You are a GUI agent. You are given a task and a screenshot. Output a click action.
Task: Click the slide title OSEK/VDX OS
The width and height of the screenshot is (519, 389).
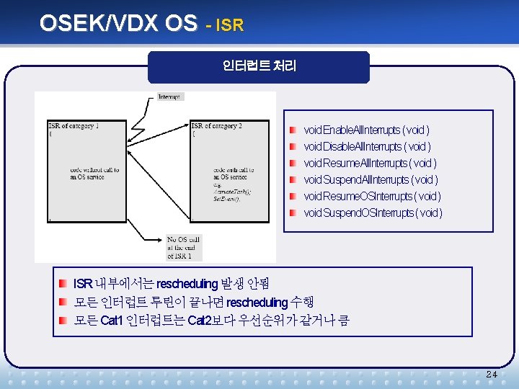[x=117, y=24]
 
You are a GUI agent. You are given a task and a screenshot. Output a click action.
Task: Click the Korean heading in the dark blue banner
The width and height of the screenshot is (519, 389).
[x=259, y=66]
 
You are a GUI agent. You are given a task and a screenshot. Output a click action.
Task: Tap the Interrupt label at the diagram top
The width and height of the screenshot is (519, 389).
[x=169, y=97]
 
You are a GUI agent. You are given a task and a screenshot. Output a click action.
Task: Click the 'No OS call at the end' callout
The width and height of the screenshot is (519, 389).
[x=185, y=247]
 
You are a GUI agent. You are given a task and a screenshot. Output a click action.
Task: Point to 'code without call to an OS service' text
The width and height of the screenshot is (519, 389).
[x=94, y=174]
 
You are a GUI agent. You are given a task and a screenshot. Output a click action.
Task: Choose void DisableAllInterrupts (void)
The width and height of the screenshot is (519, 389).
[x=367, y=147]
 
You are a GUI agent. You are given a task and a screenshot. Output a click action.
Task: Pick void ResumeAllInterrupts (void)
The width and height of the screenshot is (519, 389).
[x=370, y=164]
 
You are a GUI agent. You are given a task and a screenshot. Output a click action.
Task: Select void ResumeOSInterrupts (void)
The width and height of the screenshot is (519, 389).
[x=372, y=196]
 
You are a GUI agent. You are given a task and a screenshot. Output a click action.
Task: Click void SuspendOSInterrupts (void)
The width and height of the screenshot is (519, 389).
[x=373, y=213]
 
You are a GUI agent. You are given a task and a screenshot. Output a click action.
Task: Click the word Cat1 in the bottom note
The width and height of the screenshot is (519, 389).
[x=111, y=320]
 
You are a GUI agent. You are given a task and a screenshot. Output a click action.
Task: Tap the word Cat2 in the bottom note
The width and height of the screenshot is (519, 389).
[x=198, y=320]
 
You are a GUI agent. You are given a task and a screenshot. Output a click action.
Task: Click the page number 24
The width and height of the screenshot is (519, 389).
[x=492, y=375]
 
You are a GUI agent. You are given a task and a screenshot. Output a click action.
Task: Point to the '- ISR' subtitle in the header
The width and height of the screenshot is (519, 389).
[x=224, y=26]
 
